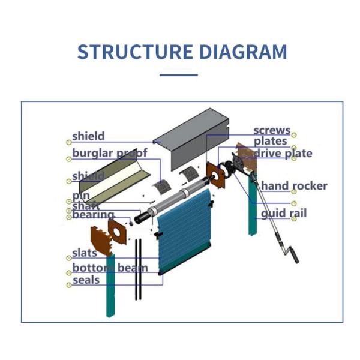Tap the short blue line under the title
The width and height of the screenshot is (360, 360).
pos(179,75)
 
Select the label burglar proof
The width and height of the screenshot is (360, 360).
pos(110,154)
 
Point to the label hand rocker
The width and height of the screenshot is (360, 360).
pos(294,186)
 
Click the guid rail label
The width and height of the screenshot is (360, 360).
pos(283,213)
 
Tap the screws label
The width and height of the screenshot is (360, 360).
pos(272,130)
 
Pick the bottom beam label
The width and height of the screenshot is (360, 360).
pos(110,268)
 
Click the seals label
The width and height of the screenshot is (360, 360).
pos(86,280)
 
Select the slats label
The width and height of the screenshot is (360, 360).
pos(85,253)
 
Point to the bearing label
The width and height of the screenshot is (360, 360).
pos(93,215)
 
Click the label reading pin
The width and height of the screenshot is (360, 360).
pos(80,196)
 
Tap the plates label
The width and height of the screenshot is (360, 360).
pos(270,142)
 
